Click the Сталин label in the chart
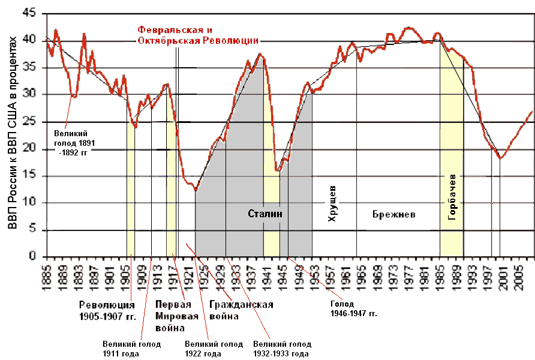[265, 214]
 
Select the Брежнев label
[393, 214]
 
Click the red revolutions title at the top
[197, 35]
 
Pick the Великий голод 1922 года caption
[214, 349]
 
